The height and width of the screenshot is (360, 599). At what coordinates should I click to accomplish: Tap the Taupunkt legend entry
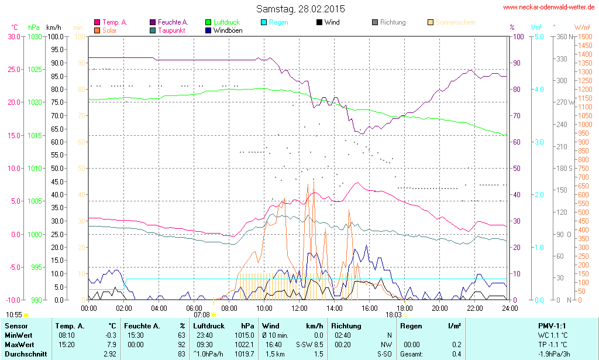coord(171,30)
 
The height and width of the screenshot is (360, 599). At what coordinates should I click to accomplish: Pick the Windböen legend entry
coord(228,30)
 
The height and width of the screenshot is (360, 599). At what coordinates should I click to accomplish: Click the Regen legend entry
coord(278,22)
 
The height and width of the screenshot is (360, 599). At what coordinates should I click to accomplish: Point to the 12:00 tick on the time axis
coord(299,308)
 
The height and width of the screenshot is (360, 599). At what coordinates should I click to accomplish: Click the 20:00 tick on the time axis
coord(440,308)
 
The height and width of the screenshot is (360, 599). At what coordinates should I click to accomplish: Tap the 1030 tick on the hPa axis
coord(35,36)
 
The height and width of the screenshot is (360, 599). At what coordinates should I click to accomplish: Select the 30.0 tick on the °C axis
coord(13,36)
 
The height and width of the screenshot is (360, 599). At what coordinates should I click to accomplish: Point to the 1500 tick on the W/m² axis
coord(584,36)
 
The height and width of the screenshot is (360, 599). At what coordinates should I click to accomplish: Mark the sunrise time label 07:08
coord(201,315)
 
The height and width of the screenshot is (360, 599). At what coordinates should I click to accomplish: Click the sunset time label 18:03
coord(393,315)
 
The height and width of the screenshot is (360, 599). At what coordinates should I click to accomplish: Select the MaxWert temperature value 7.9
coord(111,344)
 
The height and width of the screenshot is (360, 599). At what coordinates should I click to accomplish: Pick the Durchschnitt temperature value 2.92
coord(109,354)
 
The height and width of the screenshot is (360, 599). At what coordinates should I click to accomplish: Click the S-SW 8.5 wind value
coord(309,344)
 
